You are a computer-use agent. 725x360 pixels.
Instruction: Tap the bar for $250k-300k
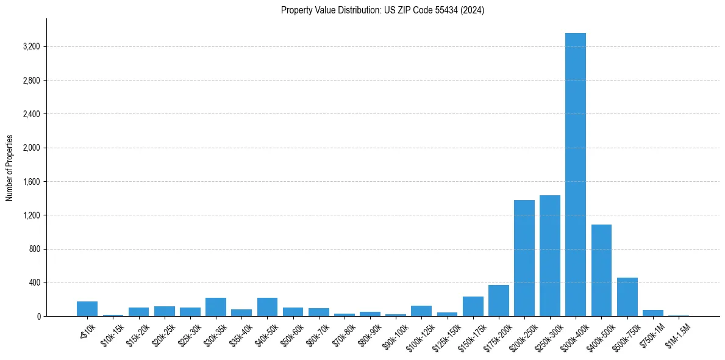tap(550, 256)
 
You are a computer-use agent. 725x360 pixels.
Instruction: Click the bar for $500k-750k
tap(627, 297)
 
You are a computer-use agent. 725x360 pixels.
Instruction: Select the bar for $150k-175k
tap(473, 306)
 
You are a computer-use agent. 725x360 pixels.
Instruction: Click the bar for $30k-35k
tap(216, 307)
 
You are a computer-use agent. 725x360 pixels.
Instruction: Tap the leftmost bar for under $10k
tap(87, 309)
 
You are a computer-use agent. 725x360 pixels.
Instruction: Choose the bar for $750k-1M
tap(652, 313)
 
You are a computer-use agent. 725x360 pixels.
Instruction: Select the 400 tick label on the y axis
tap(34, 283)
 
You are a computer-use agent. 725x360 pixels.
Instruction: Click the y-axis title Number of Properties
tap(10, 168)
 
